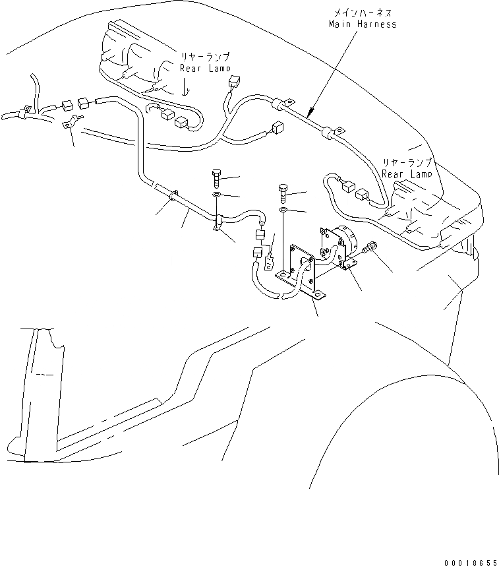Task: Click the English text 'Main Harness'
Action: pos(363,24)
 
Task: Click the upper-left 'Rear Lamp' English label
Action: pos(206,68)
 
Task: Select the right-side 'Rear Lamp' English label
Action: pos(407,174)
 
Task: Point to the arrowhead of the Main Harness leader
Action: pos(310,109)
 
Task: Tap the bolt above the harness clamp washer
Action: pos(217,178)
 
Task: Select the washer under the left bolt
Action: pos(217,196)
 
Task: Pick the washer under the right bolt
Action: pos(282,210)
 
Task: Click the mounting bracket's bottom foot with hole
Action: pos(317,296)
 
